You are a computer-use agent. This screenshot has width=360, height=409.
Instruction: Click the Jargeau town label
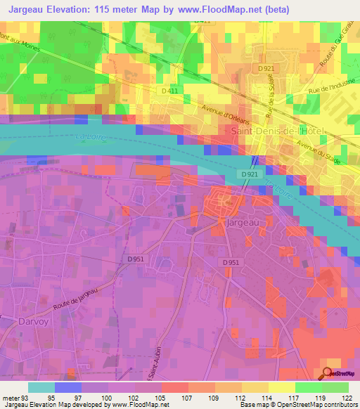coord(243,222)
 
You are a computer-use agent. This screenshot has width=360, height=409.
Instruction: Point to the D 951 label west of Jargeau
coord(136,259)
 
